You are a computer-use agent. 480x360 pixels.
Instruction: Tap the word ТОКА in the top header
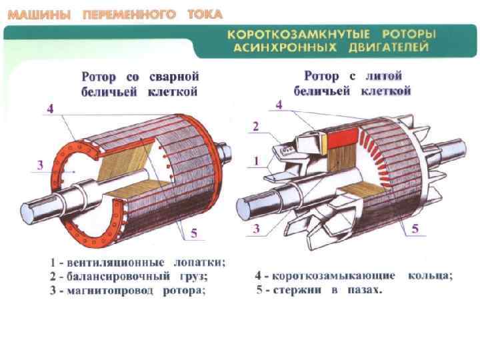(205, 14)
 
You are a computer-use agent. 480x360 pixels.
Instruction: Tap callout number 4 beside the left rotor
(49, 110)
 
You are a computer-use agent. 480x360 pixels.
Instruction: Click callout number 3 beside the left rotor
(40, 165)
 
